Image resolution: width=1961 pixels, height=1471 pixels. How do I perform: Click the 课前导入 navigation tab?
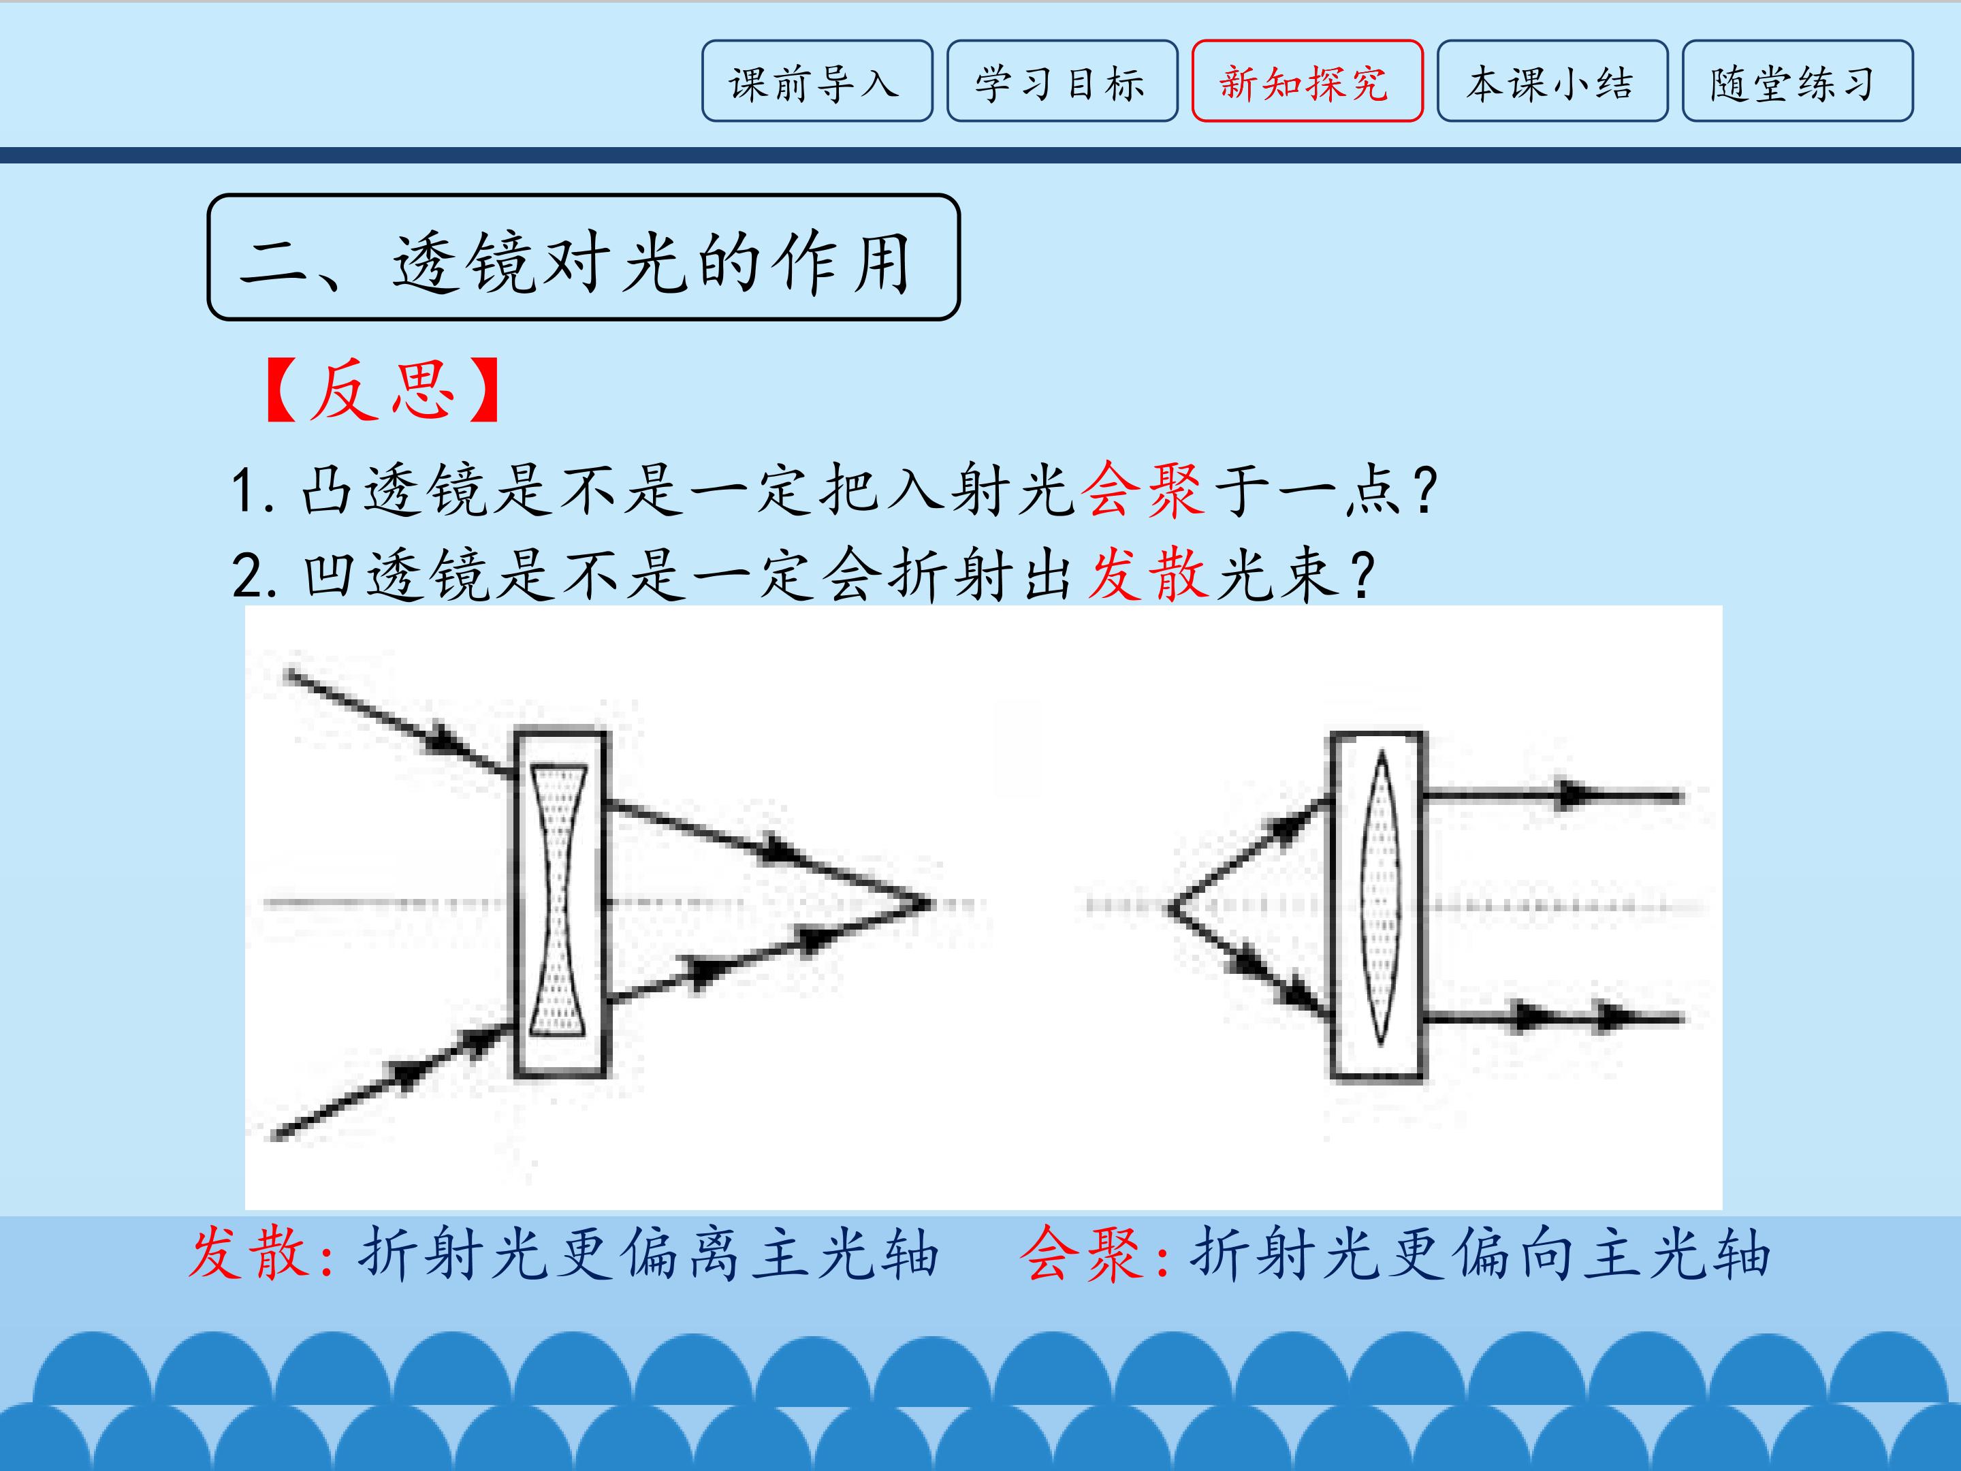[x=816, y=80]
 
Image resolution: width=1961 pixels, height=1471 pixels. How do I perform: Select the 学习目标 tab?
[x=1062, y=80]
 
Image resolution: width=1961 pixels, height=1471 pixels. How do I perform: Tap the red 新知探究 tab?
[x=1307, y=80]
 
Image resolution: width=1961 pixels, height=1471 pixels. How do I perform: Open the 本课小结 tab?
[x=1552, y=80]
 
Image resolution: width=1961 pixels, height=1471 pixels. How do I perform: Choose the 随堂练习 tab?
[x=1797, y=80]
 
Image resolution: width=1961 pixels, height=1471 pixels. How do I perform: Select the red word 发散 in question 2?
[x=1148, y=575]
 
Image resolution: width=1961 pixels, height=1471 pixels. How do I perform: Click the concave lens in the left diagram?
[x=558, y=901]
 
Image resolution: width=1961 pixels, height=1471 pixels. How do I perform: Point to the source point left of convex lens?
[x=1172, y=908]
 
